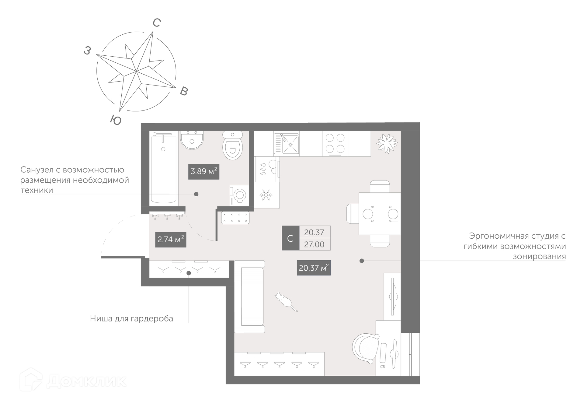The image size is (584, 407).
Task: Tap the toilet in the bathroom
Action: (233, 145)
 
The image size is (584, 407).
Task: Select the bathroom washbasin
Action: (192, 140)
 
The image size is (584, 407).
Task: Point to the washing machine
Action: (239, 195)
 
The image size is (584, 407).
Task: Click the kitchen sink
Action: (286, 143)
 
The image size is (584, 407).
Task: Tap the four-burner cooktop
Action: (335, 143)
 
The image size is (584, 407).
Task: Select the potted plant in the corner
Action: (387, 143)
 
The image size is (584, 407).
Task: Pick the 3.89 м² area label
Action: (204, 171)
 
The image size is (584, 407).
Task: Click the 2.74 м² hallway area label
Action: (171, 239)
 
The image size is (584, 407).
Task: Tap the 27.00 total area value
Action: (314, 244)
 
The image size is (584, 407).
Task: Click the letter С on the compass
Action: (157, 23)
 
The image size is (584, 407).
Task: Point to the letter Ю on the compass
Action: (116, 120)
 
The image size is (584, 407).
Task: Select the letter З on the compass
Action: (87, 51)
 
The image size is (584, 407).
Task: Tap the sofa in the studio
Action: (249, 296)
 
